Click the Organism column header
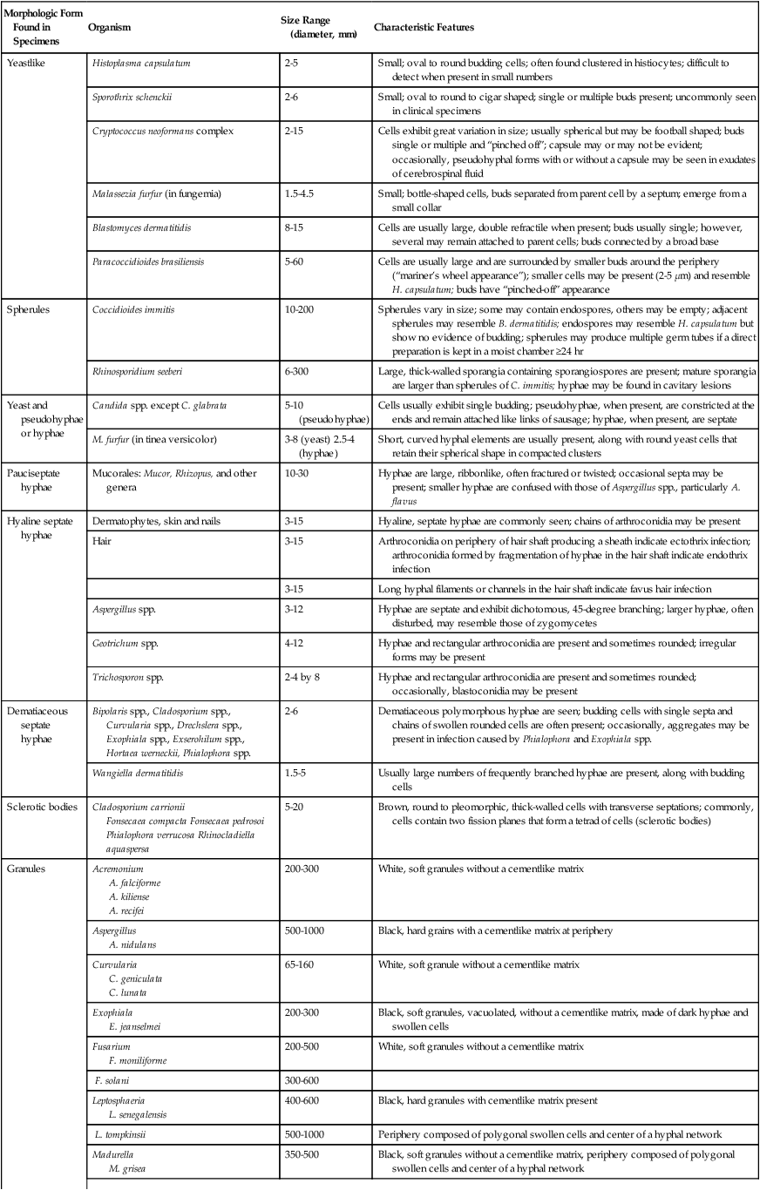(110, 28)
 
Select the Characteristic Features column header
(424, 28)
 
